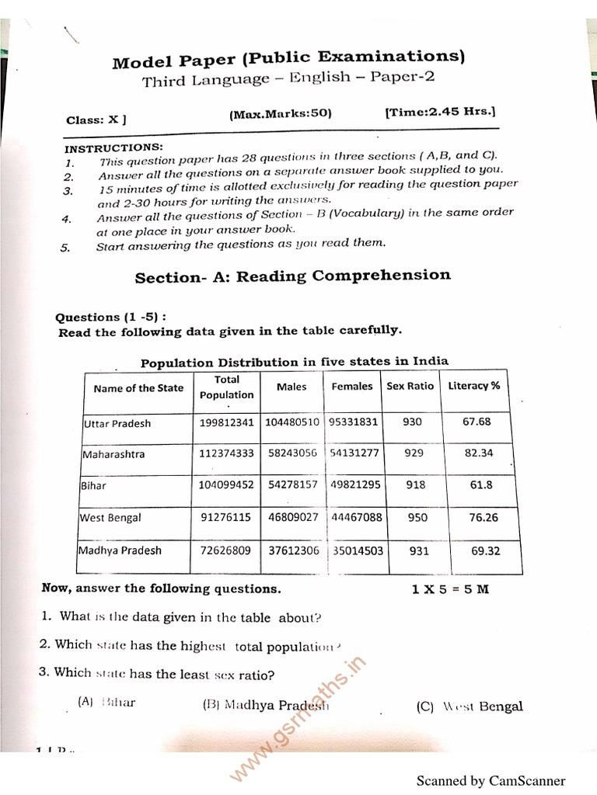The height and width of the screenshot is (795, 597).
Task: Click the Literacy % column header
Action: [x=474, y=386]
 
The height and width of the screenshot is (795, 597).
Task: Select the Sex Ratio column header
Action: [x=410, y=386]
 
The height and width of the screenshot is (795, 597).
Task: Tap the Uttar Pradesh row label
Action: [x=117, y=423]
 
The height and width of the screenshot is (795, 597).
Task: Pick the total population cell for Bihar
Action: [x=226, y=485]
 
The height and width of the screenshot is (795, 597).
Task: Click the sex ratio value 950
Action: [x=417, y=517]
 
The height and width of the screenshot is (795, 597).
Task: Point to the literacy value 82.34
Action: [x=479, y=453]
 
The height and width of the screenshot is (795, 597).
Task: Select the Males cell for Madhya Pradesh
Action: [x=293, y=550]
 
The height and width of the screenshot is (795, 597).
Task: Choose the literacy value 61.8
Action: [x=481, y=485]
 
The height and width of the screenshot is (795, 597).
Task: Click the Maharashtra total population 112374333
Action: [x=226, y=453]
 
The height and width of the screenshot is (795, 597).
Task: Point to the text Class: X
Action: [x=96, y=120]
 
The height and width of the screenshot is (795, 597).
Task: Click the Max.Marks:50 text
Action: [x=280, y=113]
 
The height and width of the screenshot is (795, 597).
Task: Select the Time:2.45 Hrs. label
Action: [x=440, y=111]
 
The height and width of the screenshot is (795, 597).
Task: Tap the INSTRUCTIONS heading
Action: [x=113, y=148]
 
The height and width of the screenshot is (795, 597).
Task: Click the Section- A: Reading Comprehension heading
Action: [x=292, y=276]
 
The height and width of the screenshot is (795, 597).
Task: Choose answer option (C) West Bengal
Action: [x=470, y=706]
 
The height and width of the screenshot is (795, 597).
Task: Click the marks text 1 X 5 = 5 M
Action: [x=450, y=588]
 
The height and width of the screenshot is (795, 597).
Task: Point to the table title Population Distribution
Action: [x=294, y=362]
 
